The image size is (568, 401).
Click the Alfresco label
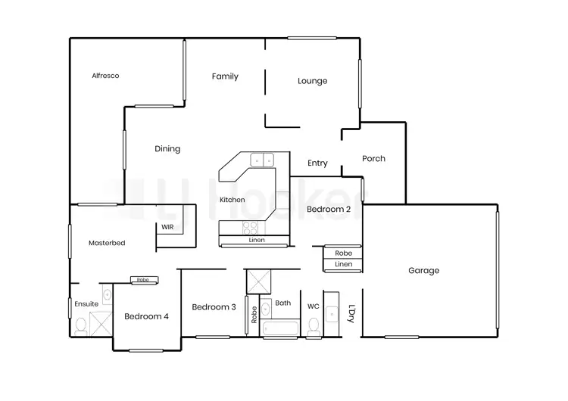coord(105,76)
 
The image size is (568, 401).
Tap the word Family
coord(225,76)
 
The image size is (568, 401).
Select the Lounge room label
coord(312,81)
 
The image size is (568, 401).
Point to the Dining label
coord(167,149)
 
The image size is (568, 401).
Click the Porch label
coord(373,159)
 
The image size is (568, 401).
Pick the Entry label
coord(317,163)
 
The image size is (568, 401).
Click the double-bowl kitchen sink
coord(262,160)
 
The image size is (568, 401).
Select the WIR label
coord(167,226)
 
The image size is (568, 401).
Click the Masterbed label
coord(107,244)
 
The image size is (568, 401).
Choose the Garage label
coord(423,271)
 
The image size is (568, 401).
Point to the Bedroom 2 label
coord(328,209)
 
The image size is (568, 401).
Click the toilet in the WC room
coord(314,325)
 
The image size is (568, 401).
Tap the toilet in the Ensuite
coord(81,325)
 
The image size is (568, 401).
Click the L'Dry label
coord(351,313)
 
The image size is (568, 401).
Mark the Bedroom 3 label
coord(214,307)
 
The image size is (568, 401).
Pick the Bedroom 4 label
coord(146,316)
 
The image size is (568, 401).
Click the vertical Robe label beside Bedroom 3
coord(254,315)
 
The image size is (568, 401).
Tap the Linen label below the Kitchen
coord(257,241)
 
